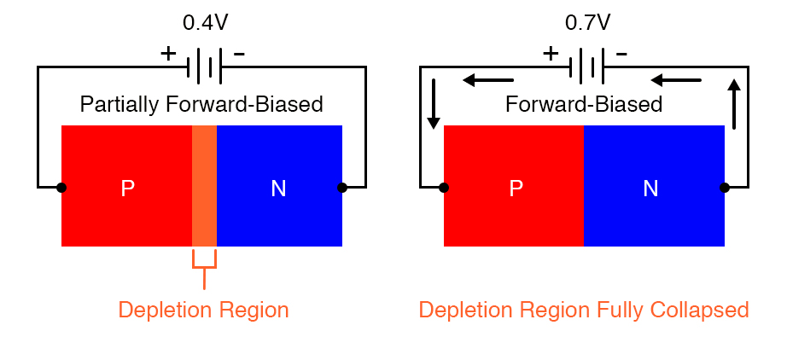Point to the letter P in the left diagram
pyautogui.click(x=127, y=189)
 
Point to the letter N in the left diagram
pyautogui.click(x=278, y=189)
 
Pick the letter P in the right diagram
pyautogui.click(x=516, y=189)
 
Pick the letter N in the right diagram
pyautogui.click(x=650, y=189)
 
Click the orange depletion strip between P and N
pyautogui.click(x=204, y=186)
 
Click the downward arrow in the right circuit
pyautogui.click(x=434, y=104)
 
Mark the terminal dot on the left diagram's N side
pyautogui.click(x=342, y=187)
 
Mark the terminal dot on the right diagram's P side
pyautogui.click(x=444, y=187)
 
